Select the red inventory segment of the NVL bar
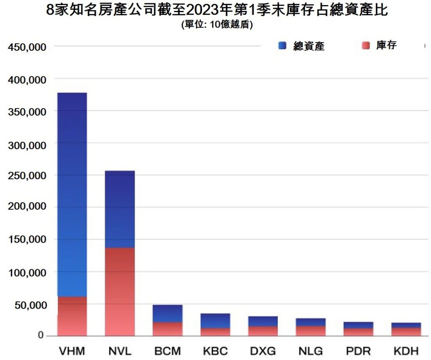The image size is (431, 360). tap(120, 291)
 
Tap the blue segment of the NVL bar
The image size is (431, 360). tap(120, 209)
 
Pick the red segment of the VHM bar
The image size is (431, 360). tap(72, 316)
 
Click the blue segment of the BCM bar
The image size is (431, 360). tap(168, 313)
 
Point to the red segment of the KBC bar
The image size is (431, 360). tap(215, 331)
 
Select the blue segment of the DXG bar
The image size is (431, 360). tap(263, 321)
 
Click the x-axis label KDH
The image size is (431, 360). tap(406, 351)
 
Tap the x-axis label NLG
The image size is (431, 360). tap(311, 351)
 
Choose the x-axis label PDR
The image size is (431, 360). tap(359, 351)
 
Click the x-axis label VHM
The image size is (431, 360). tap(72, 351)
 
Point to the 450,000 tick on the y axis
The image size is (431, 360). tap(27, 47)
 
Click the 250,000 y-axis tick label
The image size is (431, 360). tap(27, 175)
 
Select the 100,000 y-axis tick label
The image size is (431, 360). tap(27, 273)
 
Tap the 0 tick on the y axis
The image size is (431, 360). tap(41, 335)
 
